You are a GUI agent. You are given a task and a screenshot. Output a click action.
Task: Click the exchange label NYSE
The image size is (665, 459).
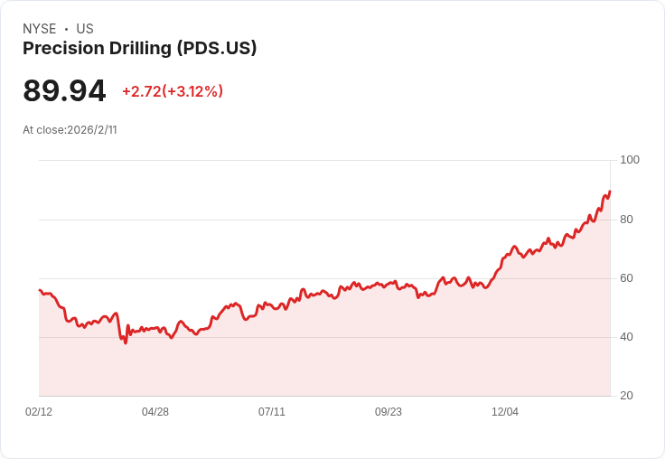pyautogui.click(x=40, y=29)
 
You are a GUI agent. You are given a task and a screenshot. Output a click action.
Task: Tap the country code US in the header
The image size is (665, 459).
pyautogui.click(x=85, y=29)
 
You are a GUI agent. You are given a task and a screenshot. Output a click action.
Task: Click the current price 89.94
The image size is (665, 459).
pyautogui.click(x=64, y=91)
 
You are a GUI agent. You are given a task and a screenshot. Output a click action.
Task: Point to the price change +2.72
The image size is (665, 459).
pyautogui.click(x=141, y=91)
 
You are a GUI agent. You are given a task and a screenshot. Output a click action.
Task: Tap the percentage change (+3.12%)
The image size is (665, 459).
pyautogui.click(x=193, y=91)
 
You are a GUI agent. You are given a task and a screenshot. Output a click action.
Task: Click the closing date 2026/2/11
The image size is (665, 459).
pyautogui.click(x=92, y=130)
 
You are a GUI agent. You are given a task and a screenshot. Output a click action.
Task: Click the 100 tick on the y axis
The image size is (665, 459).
pyautogui.click(x=630, y=160)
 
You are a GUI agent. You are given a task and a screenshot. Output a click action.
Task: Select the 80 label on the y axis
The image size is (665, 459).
pyautogui.click(x=626, y=220)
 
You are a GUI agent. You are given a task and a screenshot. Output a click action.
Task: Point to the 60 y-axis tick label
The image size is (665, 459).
pyautogui.click(x=626, y=278)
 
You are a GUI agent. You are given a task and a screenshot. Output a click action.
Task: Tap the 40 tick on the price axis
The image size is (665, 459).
pyautogui.click(x=626, y=337)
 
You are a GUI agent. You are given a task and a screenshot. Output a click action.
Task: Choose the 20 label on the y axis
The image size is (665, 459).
pyautogui.click(x=626, y=396)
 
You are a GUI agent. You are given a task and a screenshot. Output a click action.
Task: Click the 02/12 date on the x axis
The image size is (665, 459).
pyautogui.click(x=39, y=412)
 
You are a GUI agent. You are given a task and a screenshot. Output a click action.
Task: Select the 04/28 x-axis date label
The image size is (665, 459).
pyautogui.click(x=155, y=412)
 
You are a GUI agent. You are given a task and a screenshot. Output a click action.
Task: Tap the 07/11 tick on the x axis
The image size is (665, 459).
pyautogui.click(x=272, y=412)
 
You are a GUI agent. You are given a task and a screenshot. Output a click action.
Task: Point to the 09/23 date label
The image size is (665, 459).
pyautogui.click(x=389, y=412)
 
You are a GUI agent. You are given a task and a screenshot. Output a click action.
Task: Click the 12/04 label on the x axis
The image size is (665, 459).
pyautogui.click(x=505, y=412)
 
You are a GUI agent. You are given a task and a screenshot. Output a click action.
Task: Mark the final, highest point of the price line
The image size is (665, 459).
pyautogui.click(x=610, y=191)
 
